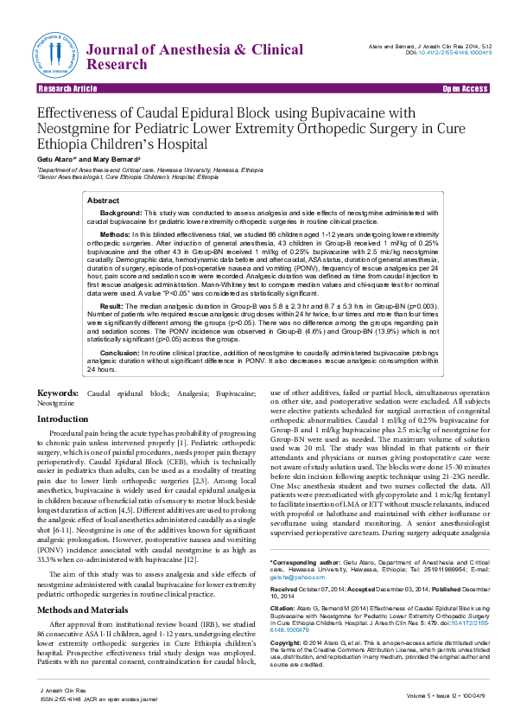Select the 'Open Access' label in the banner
465,89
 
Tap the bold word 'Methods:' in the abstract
117,234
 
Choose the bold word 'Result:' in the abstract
113,306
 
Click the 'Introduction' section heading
62,418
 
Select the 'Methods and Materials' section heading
86,586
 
